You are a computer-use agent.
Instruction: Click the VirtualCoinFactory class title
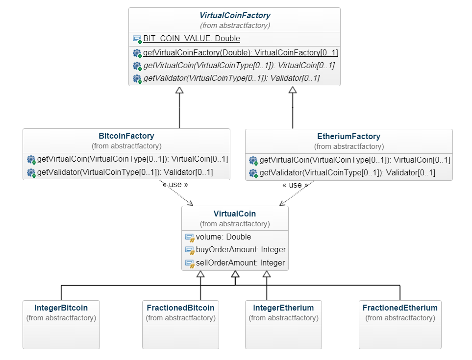pyautogui.click(x=235, y=16)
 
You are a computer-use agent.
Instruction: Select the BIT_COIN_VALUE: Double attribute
pyautogui.click(x=191, y=39)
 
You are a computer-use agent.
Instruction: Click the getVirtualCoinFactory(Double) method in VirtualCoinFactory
pyautogui.click(x=240, y=53)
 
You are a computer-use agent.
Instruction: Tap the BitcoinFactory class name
pyautogui.click(x=126, y=136)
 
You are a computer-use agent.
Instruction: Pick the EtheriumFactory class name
pyautogui.click(x=348, y=137)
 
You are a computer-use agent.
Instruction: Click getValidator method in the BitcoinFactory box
pyautogui.click(x=125, y=172)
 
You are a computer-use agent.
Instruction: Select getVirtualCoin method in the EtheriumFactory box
pyautogui.click(x=354, y=160)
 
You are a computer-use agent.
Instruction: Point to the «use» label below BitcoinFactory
pyautogui.click(x=175, y=185)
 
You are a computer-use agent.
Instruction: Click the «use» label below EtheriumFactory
pyautogui.click(x=296, y=186)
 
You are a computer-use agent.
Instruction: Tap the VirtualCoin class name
pyautogui.click(x=235, y=214)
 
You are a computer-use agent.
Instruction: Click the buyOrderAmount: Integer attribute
pyautogui.click(x=241, y=250)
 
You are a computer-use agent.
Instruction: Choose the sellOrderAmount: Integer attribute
pyautogui.click(x=240, y=263)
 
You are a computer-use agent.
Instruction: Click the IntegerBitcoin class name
pyautogui.click(x=61, y=308)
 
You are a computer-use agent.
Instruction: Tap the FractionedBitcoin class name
pyautogui.click(x=180, y=308)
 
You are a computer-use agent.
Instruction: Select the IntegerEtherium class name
pyautogui.click(x=283, y=308)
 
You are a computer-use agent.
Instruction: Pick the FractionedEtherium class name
pyautogui.click(x=400, y=308)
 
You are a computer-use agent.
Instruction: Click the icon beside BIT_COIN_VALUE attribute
pyautogui.click(x=137, y=39)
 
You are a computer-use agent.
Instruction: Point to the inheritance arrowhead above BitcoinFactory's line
pyautogui.click(x=179, y=90)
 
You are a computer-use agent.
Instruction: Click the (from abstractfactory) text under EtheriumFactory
pyautogui.click(x=348, y=146)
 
